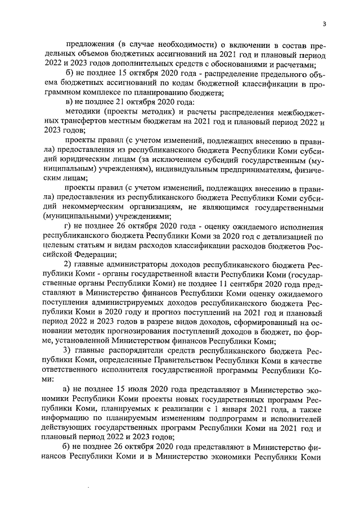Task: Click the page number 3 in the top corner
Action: pos(325,24)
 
